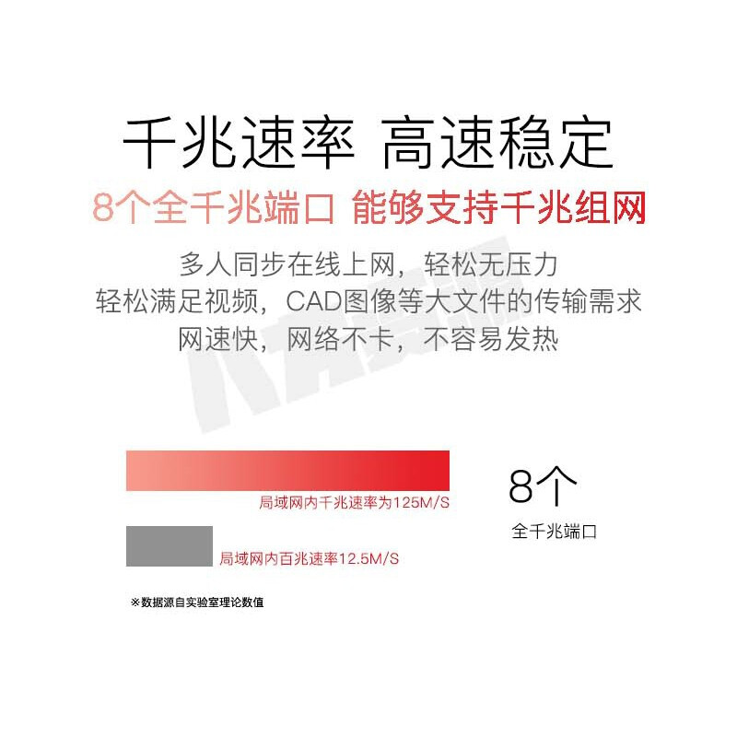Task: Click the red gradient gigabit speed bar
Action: pyautogui.click(x=287, y=471)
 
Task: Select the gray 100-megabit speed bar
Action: pyautogui.click(x=170, y=546)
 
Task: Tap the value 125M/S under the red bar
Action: pyautogui.click(x=421, y=502)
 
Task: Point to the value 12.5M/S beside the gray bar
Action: pyautogui.click(x=368, y=559)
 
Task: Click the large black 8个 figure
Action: pyautogui.click(x=543, y=486)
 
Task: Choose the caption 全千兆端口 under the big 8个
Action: pyautogui.click(x=555, y=532)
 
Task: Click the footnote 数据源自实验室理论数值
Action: pyautogui.click(x=203, y=602)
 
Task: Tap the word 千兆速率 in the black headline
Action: pyautogui.click(x=239, y=143)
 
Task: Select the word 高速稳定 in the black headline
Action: pyautogui.click(x=497, y=143)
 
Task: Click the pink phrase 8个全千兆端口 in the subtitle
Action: pyautogui.click(x=214, y=207)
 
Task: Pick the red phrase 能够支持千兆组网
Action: pyautogui.click(x=498, y=207)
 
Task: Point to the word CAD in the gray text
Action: pyautogui.click(x=313, y=301)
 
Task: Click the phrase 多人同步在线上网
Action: pyautogui.click(x=287, y=264)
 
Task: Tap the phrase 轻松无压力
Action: pyautogui.click(x=491, y=264)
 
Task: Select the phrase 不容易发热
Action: pyautogui.click(x=491, y=338)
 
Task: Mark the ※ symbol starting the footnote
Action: pyautogui.click(x=135, y=602)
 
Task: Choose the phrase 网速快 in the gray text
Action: pyautogui.click(x=218, y=338)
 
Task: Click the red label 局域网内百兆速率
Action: pyautogui.click(x=279, y=559)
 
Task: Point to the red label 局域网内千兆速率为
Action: pyautogui.click(x=326, y=502)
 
